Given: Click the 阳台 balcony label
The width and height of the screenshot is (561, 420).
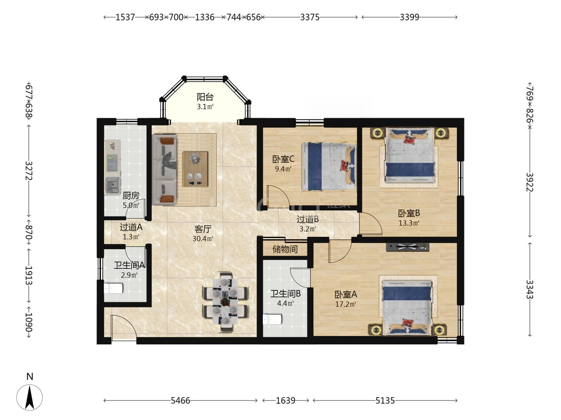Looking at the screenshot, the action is pos(205,97).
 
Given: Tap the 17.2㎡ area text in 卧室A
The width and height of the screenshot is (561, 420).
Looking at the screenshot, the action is pos(346,304).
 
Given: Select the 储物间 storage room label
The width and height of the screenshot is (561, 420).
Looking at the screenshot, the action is pos(285,249).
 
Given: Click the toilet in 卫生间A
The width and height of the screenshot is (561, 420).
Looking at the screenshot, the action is pos(113,288).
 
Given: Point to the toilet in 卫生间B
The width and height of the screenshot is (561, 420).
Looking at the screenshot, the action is pos(272,319).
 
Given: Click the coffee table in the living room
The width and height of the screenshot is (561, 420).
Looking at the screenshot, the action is pos(195,169).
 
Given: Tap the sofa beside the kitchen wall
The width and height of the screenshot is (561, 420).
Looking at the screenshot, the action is pos(164,170).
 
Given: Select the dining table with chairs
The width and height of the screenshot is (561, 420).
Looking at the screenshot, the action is pos(226,302).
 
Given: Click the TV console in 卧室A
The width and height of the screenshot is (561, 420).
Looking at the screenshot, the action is pos(408,247).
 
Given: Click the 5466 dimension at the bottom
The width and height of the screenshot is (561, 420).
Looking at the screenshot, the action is pos(180,401).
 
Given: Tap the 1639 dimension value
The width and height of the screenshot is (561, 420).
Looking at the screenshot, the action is pos(285,401).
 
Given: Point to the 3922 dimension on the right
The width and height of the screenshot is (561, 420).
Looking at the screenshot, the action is pos(529,182).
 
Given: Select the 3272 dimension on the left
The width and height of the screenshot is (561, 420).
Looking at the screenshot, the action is pos(28,171).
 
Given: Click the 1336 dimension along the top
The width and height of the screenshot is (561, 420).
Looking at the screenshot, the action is pos(204,17).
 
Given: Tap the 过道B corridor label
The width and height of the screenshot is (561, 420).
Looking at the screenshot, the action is pos(308,219).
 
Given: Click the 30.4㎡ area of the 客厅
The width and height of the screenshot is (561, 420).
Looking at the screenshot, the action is pos(203,239).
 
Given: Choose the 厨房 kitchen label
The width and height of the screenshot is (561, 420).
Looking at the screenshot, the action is pos(131,196).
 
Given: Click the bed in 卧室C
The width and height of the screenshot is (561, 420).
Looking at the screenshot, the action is pos(329,166).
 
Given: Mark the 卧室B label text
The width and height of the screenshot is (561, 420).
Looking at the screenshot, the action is pos(409,213).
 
